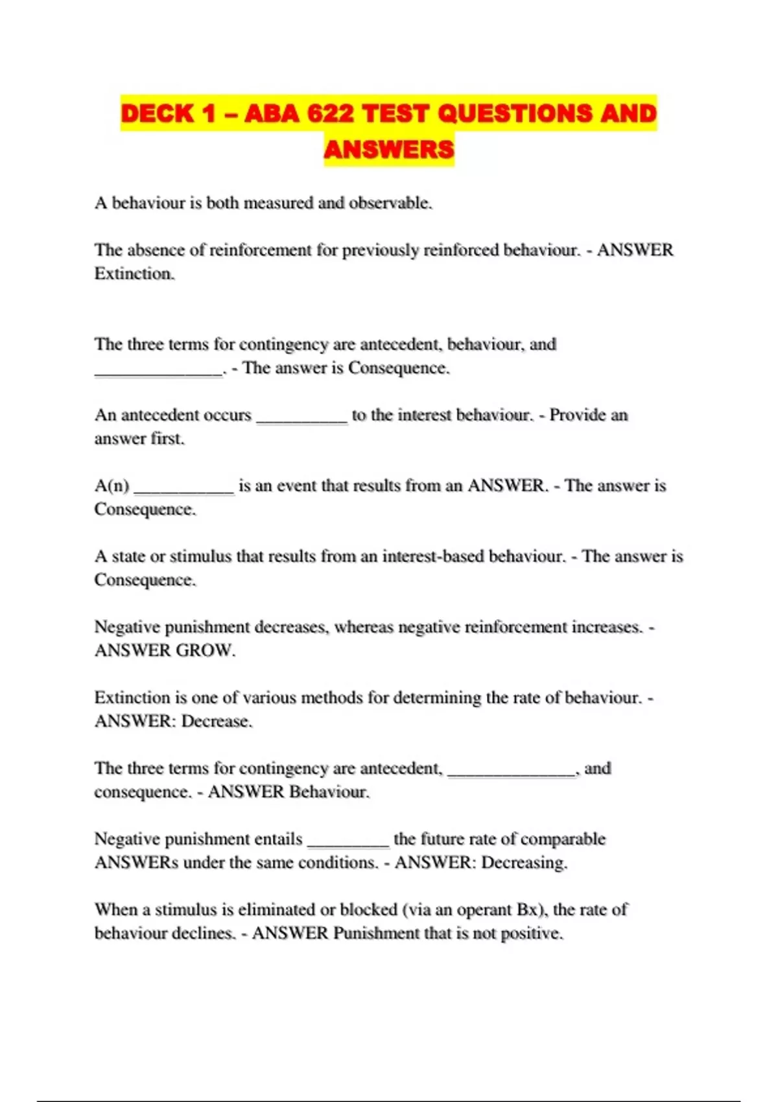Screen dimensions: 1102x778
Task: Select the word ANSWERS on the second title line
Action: [x=389, y=150]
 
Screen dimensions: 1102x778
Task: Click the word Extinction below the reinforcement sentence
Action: [x=134, y=274]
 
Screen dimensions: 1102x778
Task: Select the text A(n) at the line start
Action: [x=112, y=486]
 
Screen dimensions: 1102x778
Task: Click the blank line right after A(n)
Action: [x=183, y=490]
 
